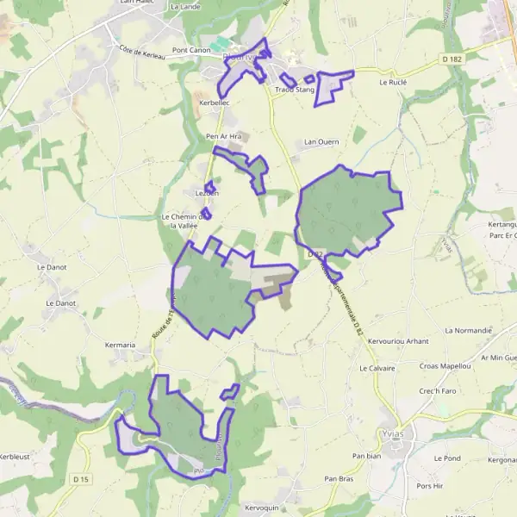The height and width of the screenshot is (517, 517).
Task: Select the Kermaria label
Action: coord(121,345)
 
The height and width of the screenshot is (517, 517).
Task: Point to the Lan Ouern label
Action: coord(322,141)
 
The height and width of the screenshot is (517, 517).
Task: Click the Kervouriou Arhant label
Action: coord(398,341)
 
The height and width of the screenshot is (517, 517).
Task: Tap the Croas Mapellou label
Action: coord(445,366)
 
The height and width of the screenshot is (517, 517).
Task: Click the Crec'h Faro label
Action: coord(437,390)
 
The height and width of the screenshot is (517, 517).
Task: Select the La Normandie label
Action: coord(468,330)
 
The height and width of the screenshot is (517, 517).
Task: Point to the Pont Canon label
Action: coord(191,51)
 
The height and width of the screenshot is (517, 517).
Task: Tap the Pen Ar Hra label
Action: coord(222,136)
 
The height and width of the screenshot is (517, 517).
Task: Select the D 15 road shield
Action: coord(81,478)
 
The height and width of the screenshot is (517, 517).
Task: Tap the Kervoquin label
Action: coord(261,508)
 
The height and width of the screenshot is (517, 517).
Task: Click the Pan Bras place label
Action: coord(339,478)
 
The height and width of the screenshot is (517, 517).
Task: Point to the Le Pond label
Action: coord(447,458)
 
